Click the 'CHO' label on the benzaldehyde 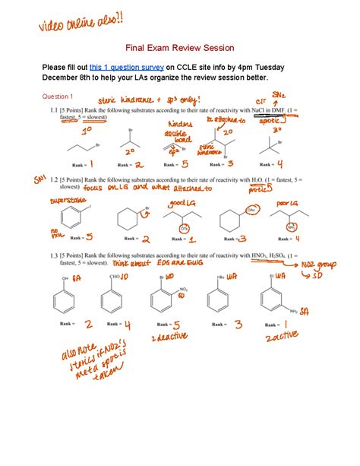(x=115, y=278)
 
